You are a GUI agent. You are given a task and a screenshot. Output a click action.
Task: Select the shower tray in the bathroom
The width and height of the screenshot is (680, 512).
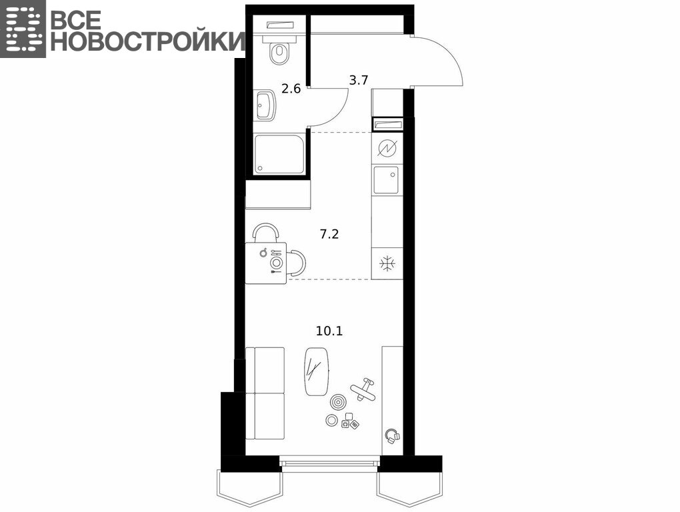[280, 155]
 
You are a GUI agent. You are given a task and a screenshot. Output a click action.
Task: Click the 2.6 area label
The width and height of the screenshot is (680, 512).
[291, 89]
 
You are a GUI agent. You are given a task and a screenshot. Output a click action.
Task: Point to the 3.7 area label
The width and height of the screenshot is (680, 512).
[359, 80]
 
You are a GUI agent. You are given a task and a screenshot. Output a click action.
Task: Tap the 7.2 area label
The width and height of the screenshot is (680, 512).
[329, 235]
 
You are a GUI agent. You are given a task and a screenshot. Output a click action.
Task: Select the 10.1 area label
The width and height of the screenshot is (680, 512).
[329, 331]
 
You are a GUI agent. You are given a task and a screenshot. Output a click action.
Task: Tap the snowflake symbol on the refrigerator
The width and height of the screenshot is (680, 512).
[386, 264]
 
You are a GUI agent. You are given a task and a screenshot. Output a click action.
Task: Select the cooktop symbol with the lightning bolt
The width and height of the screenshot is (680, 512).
[387, 148]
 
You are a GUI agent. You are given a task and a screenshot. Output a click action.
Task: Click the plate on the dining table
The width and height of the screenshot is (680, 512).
[276, 262]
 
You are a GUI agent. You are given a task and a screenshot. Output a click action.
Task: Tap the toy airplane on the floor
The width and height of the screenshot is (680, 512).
[364, 389]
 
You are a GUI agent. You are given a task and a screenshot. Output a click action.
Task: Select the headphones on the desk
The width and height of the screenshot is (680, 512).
[393, 435]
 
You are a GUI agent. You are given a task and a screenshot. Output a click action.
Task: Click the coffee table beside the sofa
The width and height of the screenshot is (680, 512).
[317, 372]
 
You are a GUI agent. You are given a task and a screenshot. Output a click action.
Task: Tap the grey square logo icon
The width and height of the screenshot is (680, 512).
[23, 29]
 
